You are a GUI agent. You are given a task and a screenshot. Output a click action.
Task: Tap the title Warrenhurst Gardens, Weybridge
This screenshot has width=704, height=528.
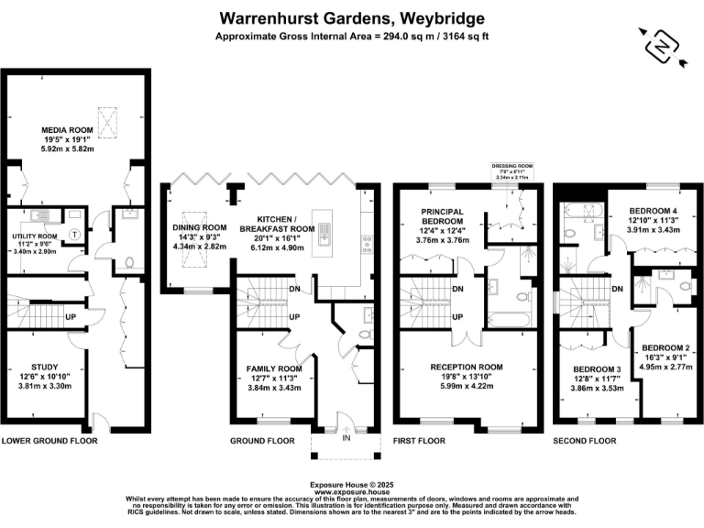point(352,18)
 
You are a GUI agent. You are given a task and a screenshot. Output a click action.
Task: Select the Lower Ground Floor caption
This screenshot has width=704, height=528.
point(49,441)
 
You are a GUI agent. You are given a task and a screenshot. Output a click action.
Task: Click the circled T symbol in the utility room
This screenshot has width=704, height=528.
point(73,233)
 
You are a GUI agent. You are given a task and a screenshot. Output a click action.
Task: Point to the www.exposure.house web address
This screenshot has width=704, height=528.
point(352,490)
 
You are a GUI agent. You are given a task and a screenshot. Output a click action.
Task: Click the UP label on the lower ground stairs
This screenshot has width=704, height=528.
point(70,316)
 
